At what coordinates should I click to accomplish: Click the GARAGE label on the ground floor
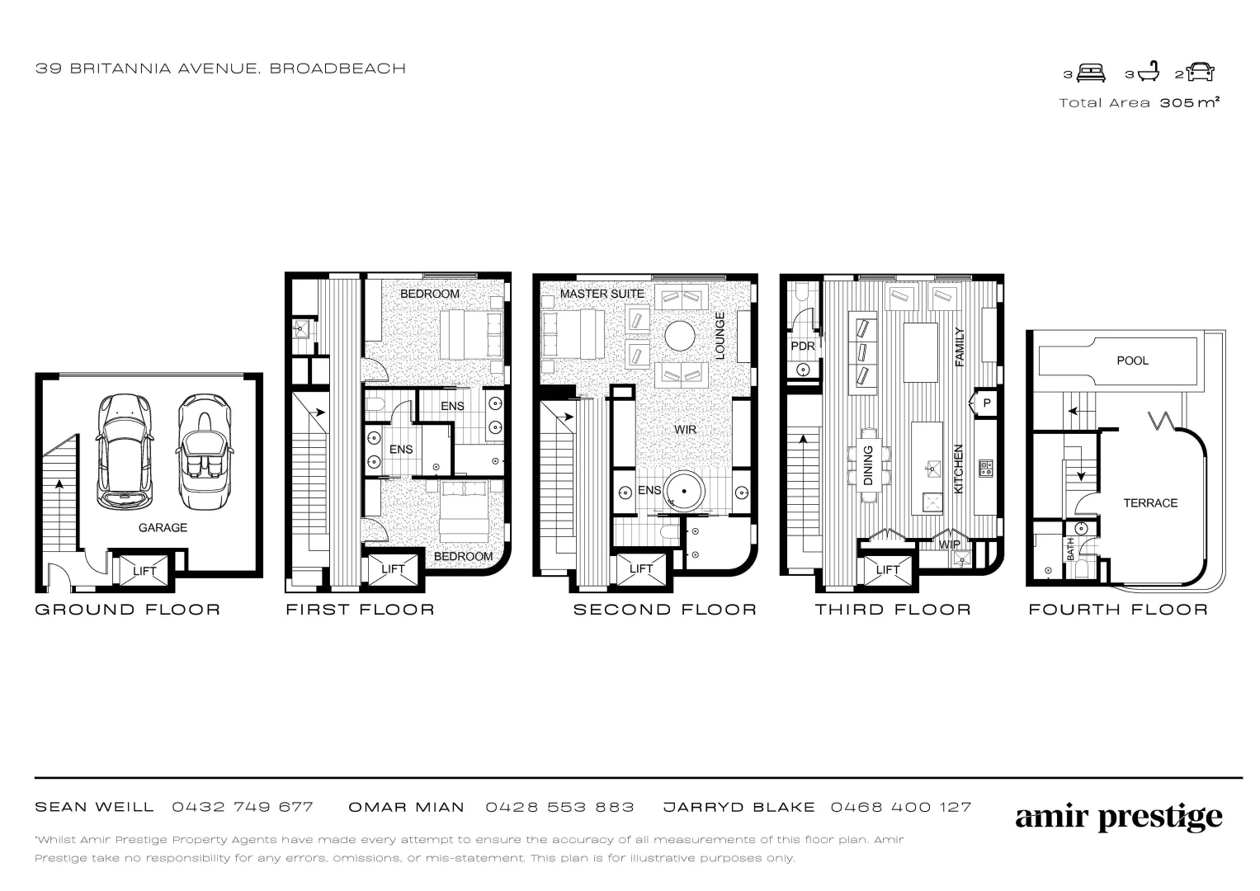click(163, 528)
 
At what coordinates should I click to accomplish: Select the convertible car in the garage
click(205, 452)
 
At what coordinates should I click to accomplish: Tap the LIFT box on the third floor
click(888, 570)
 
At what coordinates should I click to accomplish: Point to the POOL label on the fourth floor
click(1132, 361)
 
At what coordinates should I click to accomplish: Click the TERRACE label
click(1150, 503)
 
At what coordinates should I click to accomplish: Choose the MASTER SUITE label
click(602, 294)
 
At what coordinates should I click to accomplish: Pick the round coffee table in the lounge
click(679, 336)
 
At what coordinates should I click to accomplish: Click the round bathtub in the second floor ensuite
click(684, 491)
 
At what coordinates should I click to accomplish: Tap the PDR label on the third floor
click(803, 346)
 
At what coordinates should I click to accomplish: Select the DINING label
click(868, 466)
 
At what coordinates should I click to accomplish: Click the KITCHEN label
click(959, 469)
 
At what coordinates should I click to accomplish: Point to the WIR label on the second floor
click(685, 430)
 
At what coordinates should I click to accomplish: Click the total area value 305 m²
click(1189, 103)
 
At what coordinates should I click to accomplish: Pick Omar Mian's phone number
click(559, 807)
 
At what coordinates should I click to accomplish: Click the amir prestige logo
click(1119, 818)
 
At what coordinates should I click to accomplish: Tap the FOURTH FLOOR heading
click(1118, 610)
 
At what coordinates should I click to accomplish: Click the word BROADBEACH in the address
click(337, 68)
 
